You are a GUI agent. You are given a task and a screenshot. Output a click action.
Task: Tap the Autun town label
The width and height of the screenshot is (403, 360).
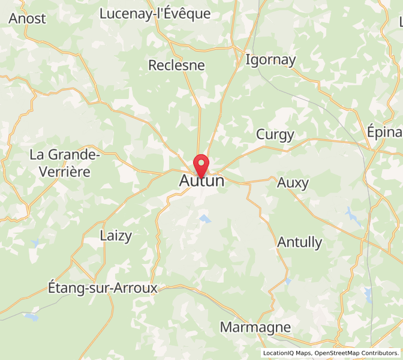click(x=202, y=181)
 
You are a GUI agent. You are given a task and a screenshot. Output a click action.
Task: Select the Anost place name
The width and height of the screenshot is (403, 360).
click(x=28, y=19)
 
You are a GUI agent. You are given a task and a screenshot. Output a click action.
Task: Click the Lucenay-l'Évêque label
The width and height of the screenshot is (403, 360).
click(x=155, y=14)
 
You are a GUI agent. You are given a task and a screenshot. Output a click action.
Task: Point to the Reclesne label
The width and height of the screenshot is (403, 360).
click(x=176, y=65)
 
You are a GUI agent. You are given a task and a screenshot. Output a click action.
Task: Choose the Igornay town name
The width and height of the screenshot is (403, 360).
click(x=271, y=60)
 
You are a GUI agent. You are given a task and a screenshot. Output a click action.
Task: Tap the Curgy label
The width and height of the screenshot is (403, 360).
click(x=275, y=134)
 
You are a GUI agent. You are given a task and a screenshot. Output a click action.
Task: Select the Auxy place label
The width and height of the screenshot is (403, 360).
click(x=293, y=183)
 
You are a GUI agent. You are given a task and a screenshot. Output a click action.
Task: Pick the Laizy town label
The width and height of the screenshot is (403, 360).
click(x=116, y=236)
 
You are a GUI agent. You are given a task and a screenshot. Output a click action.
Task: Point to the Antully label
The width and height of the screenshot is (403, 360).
click(x=300, y=242)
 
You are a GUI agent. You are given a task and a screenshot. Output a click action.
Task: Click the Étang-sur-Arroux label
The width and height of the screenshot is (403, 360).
click(x=102, y=289)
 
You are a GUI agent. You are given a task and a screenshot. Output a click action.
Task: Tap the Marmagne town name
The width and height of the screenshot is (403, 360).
click(x=255, y=328)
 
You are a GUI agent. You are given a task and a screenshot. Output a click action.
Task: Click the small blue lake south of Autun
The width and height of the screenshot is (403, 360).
click(x=205, y=219)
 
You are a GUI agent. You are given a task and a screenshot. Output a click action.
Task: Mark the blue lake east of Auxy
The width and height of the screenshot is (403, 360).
click(x=350, y=212)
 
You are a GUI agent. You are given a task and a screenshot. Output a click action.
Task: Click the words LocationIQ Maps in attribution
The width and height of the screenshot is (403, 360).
click(x=287, y=353)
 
